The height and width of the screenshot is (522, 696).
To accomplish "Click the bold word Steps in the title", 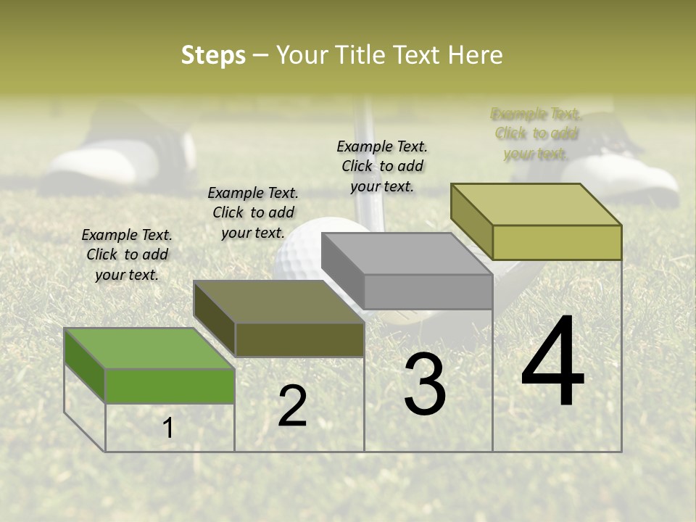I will tap(213, 56).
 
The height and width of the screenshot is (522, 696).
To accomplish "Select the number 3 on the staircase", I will tap(425, 384).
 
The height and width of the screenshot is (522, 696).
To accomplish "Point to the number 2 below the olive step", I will tap(293, 406).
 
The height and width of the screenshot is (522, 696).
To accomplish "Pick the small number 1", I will tap(168, 428).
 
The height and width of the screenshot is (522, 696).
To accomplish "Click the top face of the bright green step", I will tap(149, 348).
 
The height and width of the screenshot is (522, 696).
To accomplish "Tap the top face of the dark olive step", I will tap(279, 302).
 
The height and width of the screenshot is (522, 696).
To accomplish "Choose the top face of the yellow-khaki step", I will tap(536, 204).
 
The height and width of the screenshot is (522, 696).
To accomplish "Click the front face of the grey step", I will tap(428, 292).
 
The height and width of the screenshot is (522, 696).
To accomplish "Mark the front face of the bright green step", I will tap(170, 386).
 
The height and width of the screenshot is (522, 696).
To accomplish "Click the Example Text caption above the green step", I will tap(127, 254).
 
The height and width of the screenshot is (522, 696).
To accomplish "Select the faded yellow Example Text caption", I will tap(536, 133).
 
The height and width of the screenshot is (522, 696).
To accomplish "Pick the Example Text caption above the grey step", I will tap(382, 166).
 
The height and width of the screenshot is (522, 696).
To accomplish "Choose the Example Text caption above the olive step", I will tap(253, 212).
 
